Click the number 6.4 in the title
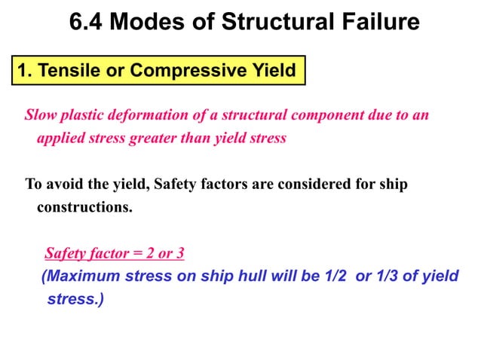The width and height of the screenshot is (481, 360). point(86,22)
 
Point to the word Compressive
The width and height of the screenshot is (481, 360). point(176,72)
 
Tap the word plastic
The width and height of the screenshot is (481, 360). point(83,116)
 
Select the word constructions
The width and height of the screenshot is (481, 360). point(84,207)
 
